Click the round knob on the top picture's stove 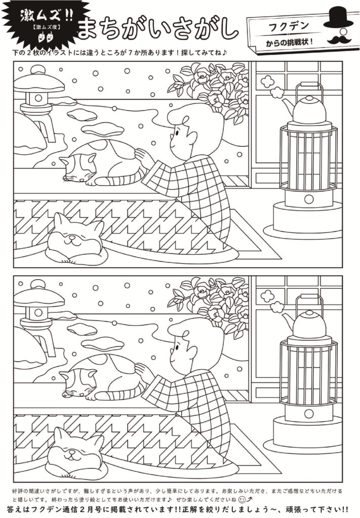point(309,199)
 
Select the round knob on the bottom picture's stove point(309,414)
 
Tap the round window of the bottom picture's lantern point(38,313)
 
